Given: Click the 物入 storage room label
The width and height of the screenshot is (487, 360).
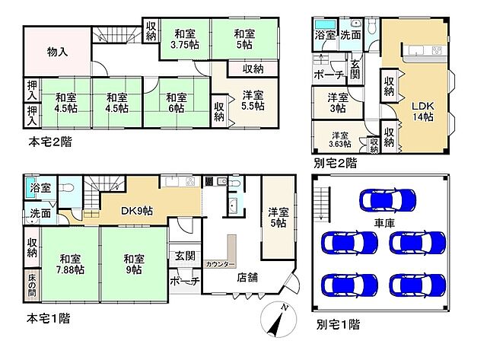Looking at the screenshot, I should click(x=58, y=53).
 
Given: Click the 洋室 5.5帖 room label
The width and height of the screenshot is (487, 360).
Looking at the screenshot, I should click(x=254, y=102).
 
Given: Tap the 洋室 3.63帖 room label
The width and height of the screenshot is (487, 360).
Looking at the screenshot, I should click(x=339, y=139).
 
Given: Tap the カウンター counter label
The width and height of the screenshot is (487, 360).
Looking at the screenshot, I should click(x=220, y=263).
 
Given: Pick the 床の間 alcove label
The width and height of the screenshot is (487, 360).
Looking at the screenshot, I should click(x=32, y=285).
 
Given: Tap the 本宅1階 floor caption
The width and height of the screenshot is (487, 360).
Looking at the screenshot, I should click(x=49, y=317).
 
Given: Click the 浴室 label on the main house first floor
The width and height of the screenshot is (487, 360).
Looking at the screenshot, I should click(x=40, y=187).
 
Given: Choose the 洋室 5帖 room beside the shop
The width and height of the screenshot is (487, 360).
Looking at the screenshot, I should click(x=278, y=218).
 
